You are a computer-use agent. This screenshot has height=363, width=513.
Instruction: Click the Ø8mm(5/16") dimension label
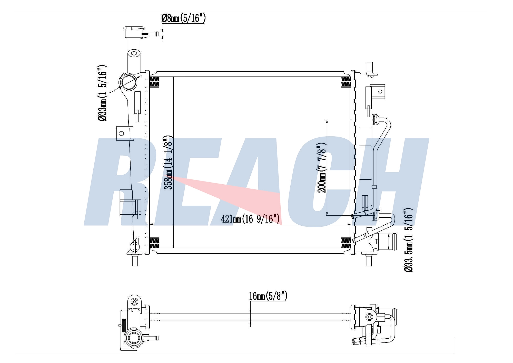[x=183, y=18]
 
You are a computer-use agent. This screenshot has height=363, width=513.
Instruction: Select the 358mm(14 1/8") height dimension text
[x=169, y=163]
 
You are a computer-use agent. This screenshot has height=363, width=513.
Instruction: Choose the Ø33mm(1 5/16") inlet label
[x=102, y=93]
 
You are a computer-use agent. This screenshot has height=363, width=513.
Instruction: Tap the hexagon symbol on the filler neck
[x=134, y=54]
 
